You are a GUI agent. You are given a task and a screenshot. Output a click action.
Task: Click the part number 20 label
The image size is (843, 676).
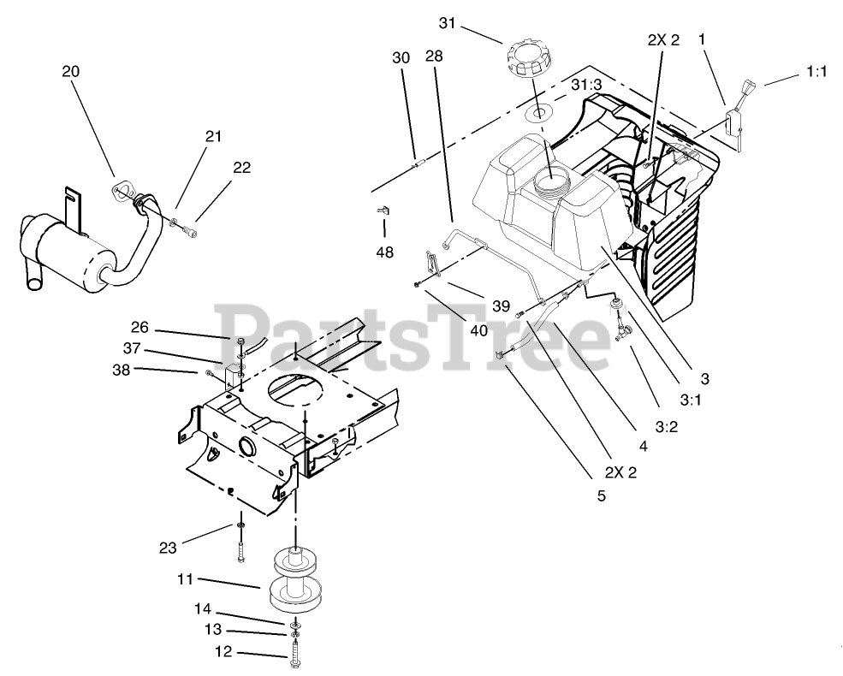(70, 72)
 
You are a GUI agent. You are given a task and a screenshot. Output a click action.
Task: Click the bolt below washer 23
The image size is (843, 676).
(241, 547)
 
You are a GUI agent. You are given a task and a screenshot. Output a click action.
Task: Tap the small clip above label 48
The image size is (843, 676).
(383, 209)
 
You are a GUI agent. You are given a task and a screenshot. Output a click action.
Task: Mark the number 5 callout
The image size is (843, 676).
(600, 495)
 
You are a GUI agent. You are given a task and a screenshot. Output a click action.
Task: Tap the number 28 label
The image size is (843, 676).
(434, 56)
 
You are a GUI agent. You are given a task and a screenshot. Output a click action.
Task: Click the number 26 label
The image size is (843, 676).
(140, 326)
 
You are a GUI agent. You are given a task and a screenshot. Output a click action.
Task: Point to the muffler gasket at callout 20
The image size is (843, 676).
(124, 192)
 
